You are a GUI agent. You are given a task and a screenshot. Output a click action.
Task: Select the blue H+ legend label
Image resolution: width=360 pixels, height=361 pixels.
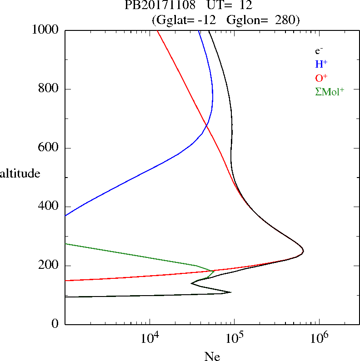click(x=321, y=64)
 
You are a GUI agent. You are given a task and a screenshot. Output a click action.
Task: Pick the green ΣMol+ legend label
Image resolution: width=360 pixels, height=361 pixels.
click(x=330, y=92)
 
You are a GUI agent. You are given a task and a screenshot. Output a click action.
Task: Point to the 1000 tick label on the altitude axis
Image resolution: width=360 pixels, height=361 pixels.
click(x=45, y=30)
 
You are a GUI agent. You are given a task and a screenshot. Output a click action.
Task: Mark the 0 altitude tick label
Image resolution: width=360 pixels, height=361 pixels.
click(x=55, y=324)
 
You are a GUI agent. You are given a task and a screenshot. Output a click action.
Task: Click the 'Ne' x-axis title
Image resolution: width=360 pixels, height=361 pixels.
click(x=212, y=356)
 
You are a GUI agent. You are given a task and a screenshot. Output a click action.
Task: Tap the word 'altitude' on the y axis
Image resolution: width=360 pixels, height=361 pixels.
click(x=20, y=173)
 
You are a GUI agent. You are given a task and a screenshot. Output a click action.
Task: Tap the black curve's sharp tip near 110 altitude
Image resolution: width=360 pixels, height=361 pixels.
click(x=231, y=292)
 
